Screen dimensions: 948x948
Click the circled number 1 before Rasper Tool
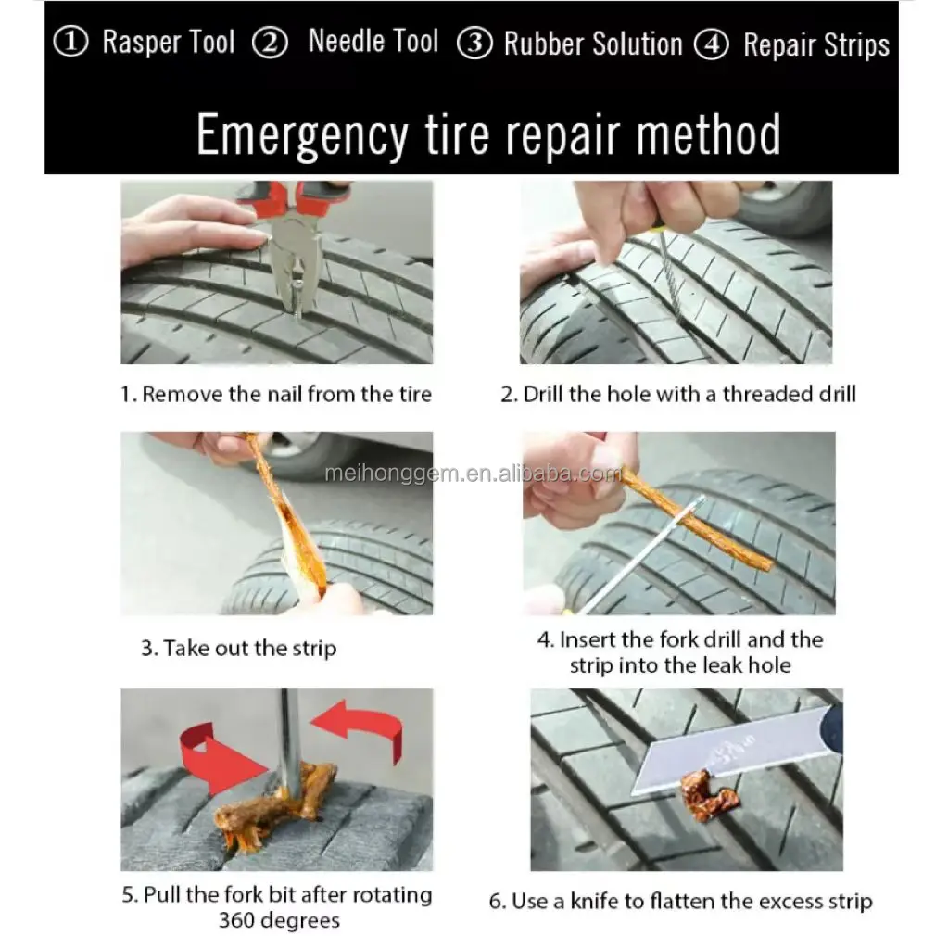tap(70, 42)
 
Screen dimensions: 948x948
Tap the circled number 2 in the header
tap(270, 42)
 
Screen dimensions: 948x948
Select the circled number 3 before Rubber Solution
tap(474, 43)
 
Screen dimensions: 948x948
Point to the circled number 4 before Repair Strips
tap(712, 44)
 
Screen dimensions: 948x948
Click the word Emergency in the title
tap(302, 135)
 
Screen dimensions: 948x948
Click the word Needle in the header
tap(347, 41)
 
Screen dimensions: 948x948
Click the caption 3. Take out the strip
tap(238, 648)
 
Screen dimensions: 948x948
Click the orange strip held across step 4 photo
tap(695, 520)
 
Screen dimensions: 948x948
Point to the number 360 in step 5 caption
tap(236, 921)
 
